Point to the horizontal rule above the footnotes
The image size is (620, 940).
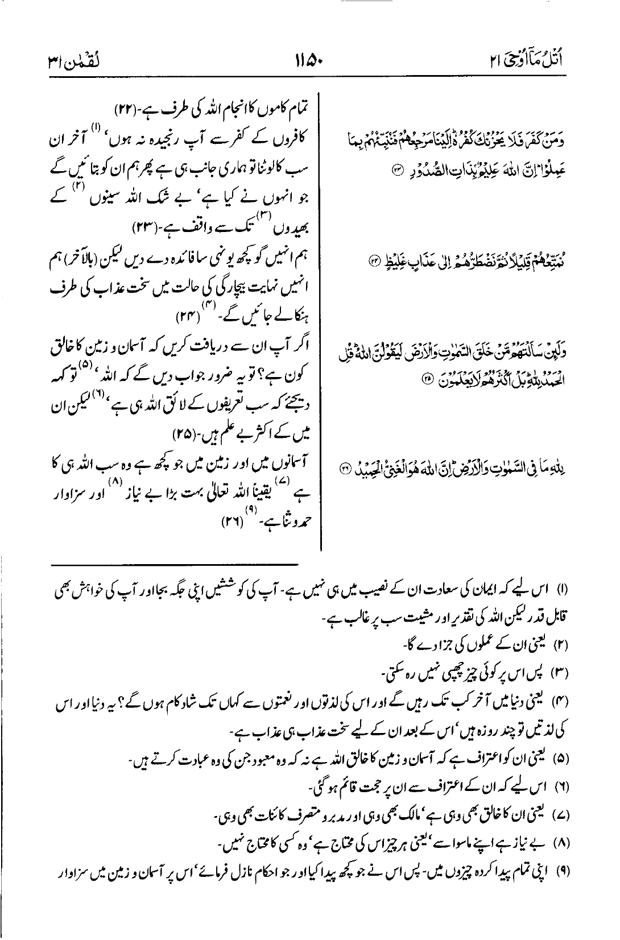click(175, 565)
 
